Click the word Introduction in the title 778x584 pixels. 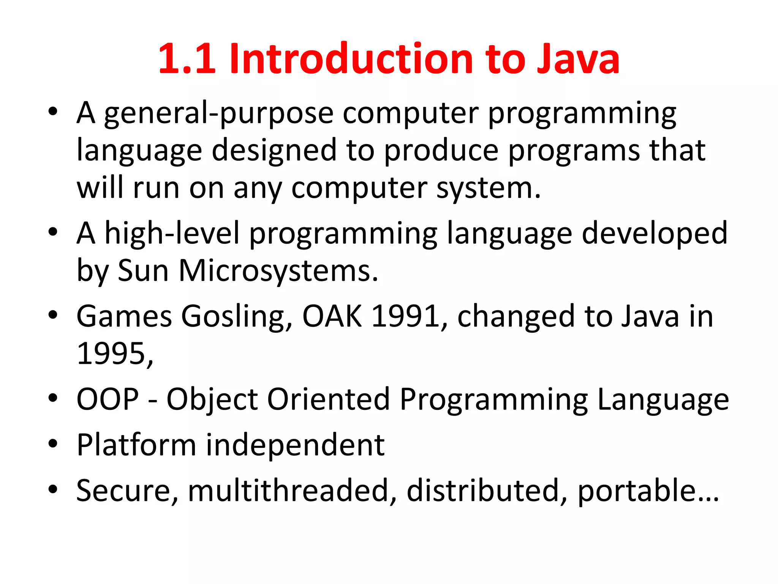pyautogui.click(x=351, y=59)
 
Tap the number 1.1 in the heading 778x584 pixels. pyautogui.click(x=187, y=59)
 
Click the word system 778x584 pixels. pyautogui.click(x=488, y=189)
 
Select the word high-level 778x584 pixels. pyautogui.click(x=172, y=233)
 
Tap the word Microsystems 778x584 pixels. pyautogui.click(x=278, y=271)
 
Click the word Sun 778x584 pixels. pyautogui.click(x=143, y=271)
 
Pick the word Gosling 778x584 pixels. pyautogui.click(x=237, y=316)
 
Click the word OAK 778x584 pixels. pyautogui.click(x=332, y=316)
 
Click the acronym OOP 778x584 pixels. pyautogui.click(x=108, y=399)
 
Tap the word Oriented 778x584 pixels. pyautogui.click(x=329, y=399)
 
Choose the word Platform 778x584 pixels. pyautogui.click(x=136, y=445)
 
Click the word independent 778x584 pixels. pyautogui.click(x=295, y=445)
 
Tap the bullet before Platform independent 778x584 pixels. pyautogui.click(x=53, y=443)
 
